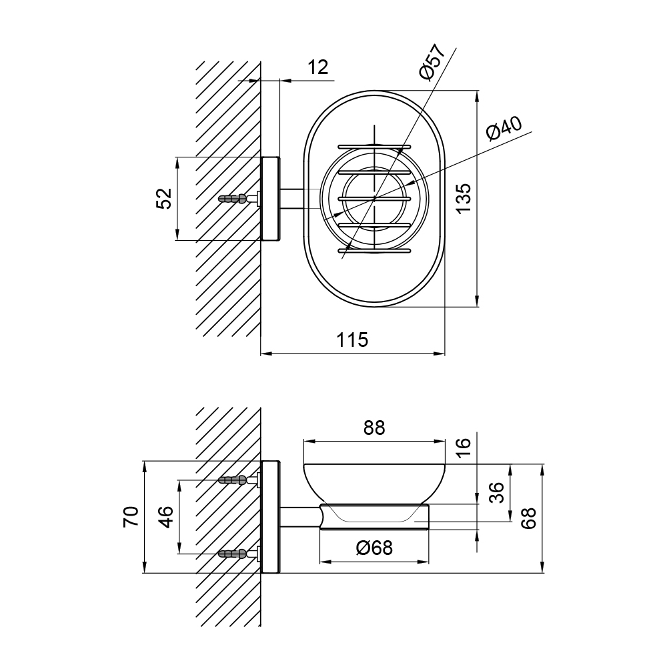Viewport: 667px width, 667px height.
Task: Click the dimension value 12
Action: click(x=318, y=67)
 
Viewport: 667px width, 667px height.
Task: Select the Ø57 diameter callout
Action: click(x=432, y=61)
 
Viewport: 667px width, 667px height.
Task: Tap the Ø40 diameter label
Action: click(x=504, y=129)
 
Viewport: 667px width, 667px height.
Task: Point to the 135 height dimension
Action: click(x=462, y=198)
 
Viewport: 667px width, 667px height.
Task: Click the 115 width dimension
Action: click(x=352, y=340)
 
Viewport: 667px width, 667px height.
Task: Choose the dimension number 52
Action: click(x=164, y=198)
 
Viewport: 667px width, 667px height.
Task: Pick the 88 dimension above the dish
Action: click(x=374, y=428)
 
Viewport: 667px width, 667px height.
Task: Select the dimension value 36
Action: click(x=496, y=493)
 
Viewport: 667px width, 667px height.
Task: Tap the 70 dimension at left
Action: click(x=131, y=517)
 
